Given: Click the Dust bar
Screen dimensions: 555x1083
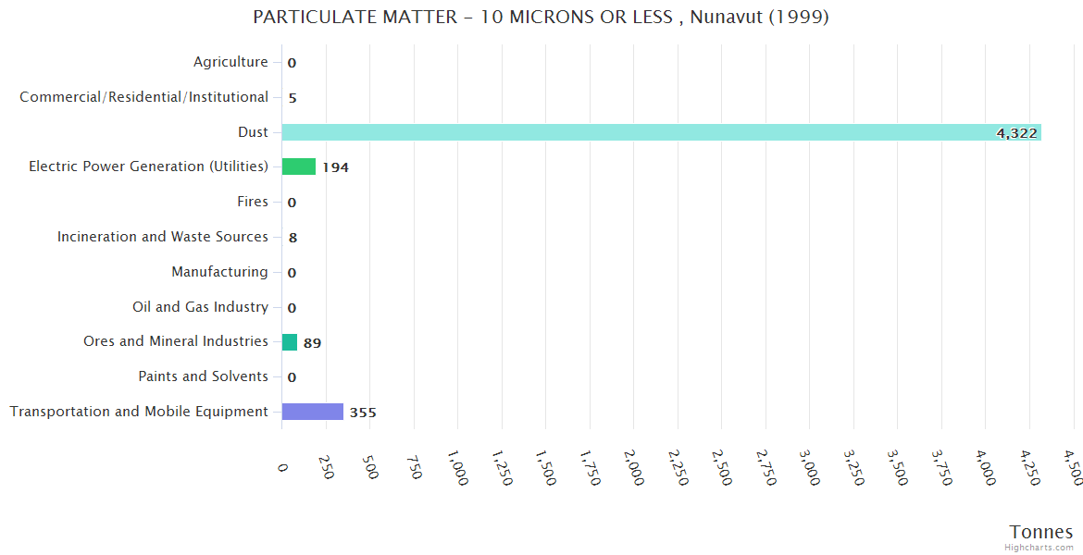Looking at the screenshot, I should [x=661, y=132].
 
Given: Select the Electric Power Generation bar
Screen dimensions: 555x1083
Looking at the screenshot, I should [x=299, y=166].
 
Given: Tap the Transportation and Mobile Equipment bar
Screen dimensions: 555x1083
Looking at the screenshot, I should [x=312, y=412].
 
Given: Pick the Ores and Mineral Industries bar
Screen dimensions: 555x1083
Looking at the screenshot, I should [x=290, y=342].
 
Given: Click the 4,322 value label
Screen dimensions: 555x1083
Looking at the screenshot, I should [x=1016, y=133].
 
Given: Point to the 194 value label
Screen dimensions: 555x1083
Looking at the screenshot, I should [x=335, y=167].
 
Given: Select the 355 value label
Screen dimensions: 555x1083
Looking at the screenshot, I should [x=363, y=413].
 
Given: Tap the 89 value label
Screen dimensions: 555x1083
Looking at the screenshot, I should [x=312, y=343].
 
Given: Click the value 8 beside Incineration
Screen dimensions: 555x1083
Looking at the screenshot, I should [x=293, y=238].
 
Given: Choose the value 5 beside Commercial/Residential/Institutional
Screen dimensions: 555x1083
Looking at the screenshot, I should [x=293, y=98].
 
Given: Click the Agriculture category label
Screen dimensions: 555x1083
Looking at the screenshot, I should [x=230, y=62].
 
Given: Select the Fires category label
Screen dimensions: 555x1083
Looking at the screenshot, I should [x=253, y=202].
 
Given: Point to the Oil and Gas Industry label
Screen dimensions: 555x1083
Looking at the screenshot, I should [x=200, y=307].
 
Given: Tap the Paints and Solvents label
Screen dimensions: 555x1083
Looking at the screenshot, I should [x=203, y=376].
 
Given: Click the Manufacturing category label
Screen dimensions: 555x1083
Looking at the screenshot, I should [x=219, y=272].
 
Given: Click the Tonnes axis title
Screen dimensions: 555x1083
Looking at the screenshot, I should [x=1041, y=532].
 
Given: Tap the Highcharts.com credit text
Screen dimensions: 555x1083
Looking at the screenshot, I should [x=1039, y=548].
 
